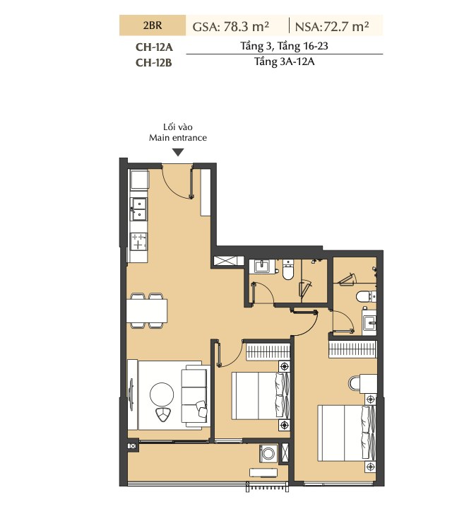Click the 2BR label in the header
point(153,25)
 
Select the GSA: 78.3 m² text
point(231,26)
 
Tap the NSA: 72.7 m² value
point(332,26)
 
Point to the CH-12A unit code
point(154,47)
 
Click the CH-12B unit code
point(154,62)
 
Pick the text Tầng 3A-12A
point(284,62)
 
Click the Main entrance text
point(178,138)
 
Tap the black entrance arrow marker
point(179,153)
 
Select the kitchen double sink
point(139,209)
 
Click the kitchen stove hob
point(138,242)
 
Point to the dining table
point(147,310)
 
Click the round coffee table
point(162,394)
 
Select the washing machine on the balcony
point(268,454)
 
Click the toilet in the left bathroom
point(288,269)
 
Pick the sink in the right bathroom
point(369,322)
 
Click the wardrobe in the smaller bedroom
point(268,351)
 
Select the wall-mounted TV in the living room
point(131,394)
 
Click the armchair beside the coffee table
point(163,415)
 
